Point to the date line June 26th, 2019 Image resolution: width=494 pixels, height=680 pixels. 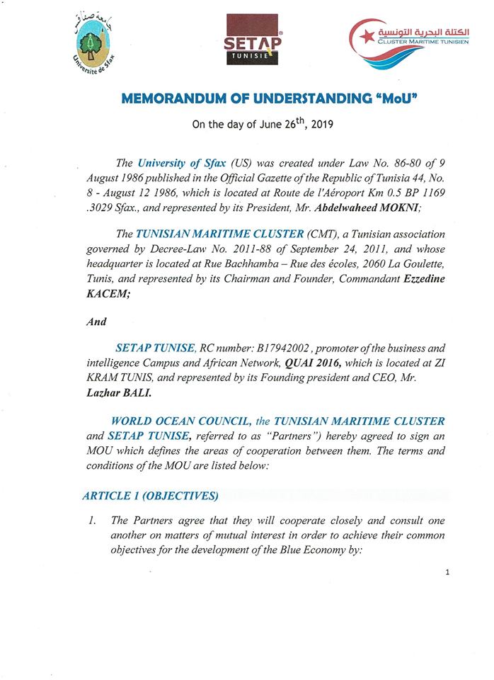(263, 126)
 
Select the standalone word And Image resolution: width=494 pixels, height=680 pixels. (96, 321)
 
